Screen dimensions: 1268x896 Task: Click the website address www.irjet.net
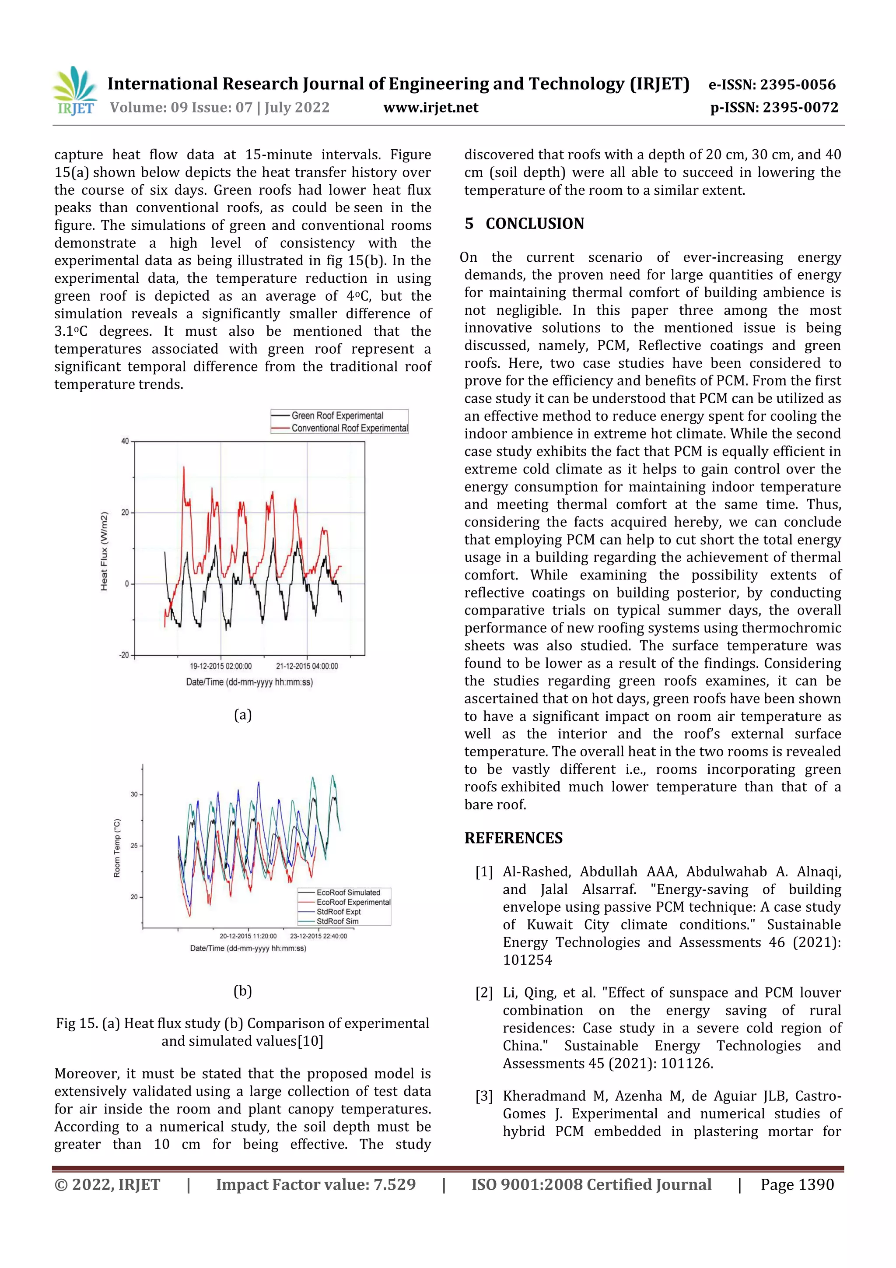pyautogui.click(x=430, y=107)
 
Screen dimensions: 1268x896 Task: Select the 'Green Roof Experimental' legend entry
pyautogui.click(x=337, y=415)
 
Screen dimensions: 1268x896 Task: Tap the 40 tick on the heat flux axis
pyautogui.click(x=125, y=441)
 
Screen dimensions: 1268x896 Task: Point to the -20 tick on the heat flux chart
pyautogui.click(x=124, y=655)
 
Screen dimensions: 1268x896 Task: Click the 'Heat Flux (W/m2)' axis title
pyautogui.click(x=104, y=551)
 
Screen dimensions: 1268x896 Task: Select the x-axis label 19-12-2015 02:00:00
pyautogui.click(x=221, y=666)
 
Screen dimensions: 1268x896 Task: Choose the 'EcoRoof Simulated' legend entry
pyautogui.click(x=348, y=892)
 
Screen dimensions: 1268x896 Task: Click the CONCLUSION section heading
pyautogui.click(x=534, y=224)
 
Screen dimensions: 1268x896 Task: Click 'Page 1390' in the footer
pyautogui.click(x=797, y=1184)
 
